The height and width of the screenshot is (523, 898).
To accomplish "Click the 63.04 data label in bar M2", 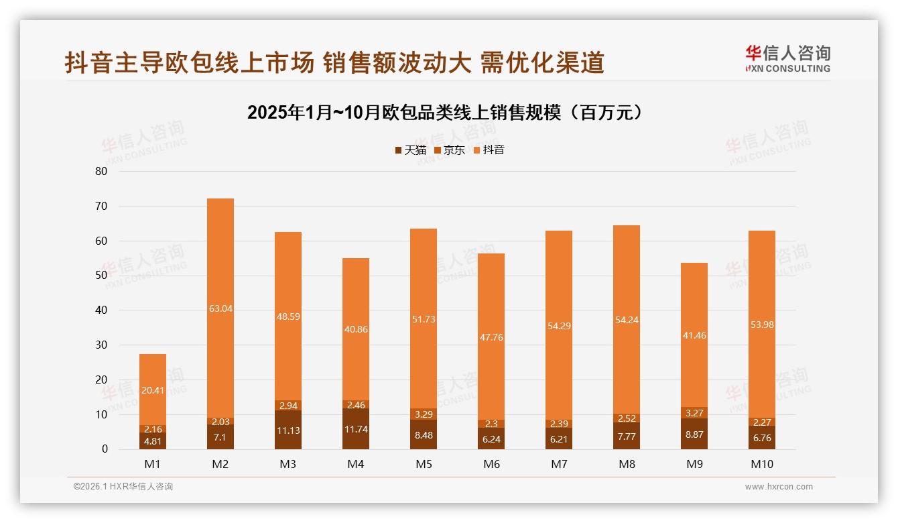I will pyautogui.click(x=220, y=308).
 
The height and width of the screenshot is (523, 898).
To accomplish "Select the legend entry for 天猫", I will pyautogui.click(x=410, y=150).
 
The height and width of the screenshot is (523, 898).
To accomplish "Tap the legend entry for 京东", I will pyautogui.click(x=450, y=150).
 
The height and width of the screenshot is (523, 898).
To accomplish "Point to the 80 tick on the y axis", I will pyautogui.click(x=101, y=171).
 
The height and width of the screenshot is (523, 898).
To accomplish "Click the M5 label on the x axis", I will pyautogui.click(x=423, y=464).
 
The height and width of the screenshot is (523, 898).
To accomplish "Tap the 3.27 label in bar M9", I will pyautogui.click(x=694, y=413).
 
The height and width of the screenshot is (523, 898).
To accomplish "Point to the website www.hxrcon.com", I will pyautogui.click(x=779, y=487).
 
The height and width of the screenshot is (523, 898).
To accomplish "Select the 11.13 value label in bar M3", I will pyautogui.click(x=287, y=430).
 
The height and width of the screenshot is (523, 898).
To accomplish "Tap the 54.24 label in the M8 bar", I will pyautogui.click(x=626, y=321).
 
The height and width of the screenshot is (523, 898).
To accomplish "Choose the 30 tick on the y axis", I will pyautogui.click(x=101, y=345).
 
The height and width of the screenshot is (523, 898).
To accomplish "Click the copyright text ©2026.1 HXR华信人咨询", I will pyautogui.click(x=123, y=487).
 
